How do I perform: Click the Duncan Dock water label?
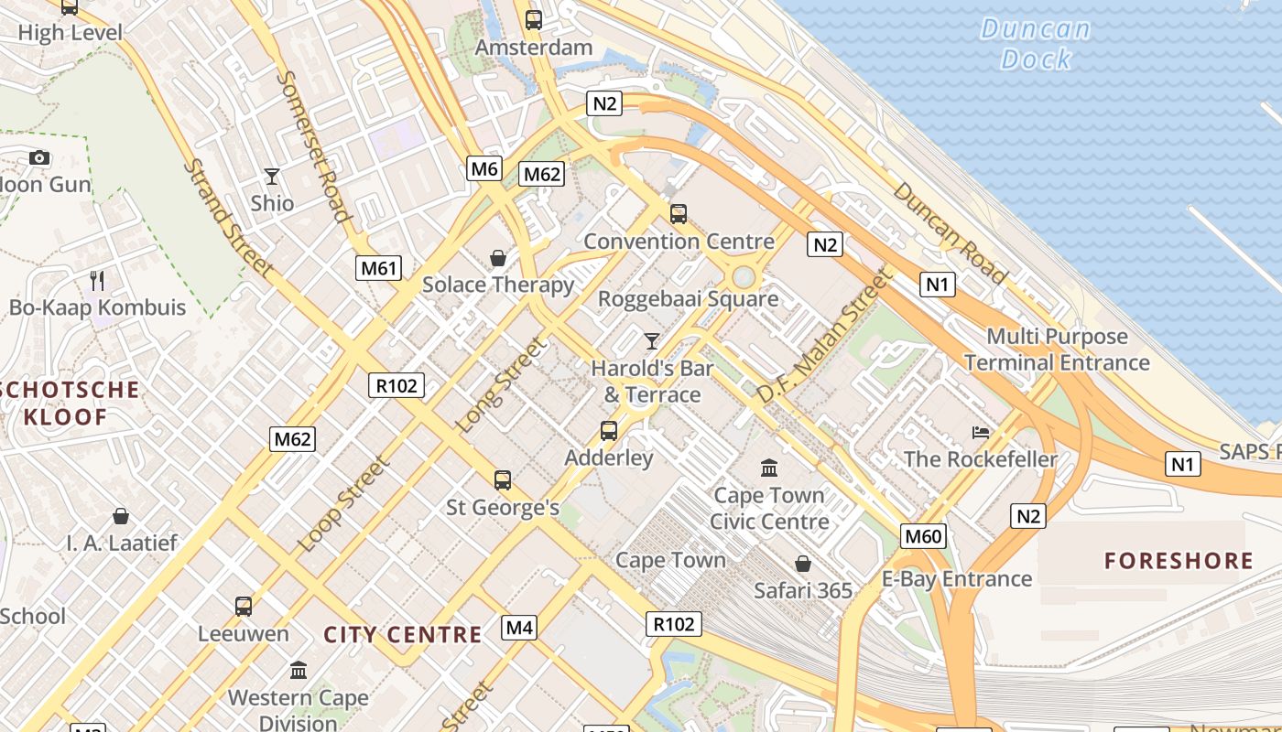coord(1037,44)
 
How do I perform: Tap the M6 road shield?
coord(484,167)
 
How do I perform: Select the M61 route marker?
coord(379,268)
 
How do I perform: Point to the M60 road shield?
coord(923,536)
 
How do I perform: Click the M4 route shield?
coord(519,628)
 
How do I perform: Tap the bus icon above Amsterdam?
coord(534,19)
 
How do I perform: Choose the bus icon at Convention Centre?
coord(679,214)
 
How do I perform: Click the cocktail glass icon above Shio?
coord(272,176)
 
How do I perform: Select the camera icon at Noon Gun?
coord(38,158)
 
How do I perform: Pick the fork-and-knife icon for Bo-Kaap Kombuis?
coord(97,280)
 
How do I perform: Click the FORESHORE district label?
coord(1179,561)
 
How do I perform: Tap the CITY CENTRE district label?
coord(403,635)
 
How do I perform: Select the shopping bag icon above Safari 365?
coord(803,564)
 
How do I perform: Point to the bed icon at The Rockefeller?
coord(981,432)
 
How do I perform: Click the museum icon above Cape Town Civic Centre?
coord(769,468)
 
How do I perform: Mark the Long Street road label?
coord(501,385)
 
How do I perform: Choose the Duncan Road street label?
coord(950,232)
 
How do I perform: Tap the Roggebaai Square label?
coord(688,298)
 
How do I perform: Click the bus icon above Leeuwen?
coord(243,606)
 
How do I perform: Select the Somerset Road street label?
coord(314,146)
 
